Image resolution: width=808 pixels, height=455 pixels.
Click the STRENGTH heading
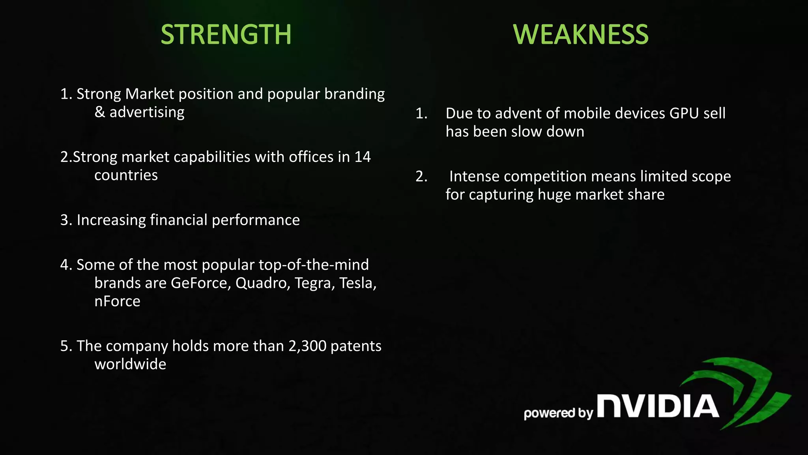pos(226,34)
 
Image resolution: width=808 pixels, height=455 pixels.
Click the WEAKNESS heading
pos(580,34)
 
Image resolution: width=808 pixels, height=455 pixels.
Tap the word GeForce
pos(200,283)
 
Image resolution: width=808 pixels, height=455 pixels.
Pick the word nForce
pos(117,301)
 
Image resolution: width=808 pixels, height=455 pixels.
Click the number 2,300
pos(307,346)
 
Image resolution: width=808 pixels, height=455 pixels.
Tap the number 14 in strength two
pos(362,157)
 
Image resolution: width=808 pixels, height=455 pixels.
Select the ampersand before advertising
pos(100,112)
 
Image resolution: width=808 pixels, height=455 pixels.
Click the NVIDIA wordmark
pos(658,406)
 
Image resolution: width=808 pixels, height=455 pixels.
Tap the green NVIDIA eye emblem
pos(742,391)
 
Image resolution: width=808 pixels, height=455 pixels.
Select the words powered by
pos(558,413)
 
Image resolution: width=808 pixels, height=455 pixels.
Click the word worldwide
pos(130,364)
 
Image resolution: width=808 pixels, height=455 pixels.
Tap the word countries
pos(126,175)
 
